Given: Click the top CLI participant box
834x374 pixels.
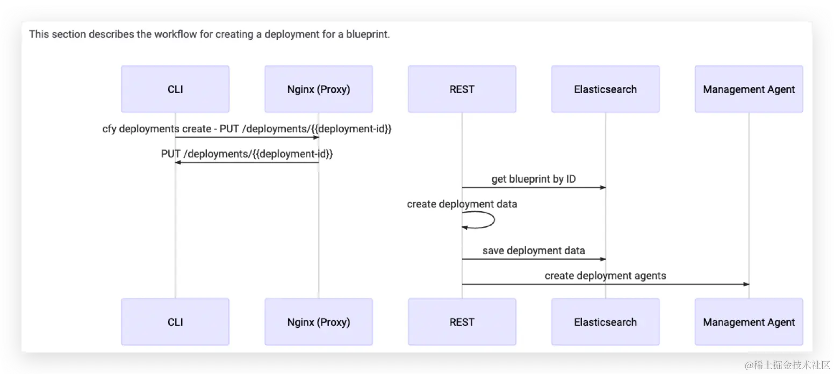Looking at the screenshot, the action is click(x=175, y=89).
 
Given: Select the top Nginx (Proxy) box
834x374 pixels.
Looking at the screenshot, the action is click(x=318, y=89).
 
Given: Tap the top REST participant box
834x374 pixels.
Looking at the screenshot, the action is click(x=462, y=89).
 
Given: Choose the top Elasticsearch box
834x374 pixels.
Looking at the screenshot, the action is click(x=605, y=89).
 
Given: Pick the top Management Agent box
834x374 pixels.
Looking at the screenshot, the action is click(x=749, y=89).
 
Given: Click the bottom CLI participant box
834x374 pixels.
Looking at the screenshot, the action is click(x=175, y=322).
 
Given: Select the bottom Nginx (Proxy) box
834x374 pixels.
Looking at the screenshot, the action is click(x=318, y=322).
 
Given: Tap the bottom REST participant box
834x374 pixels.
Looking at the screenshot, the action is click(x=462, y=322).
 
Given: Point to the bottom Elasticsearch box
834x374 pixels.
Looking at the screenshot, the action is click(x=605, y=322).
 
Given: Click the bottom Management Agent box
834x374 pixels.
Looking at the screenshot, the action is click(x=749, y=322).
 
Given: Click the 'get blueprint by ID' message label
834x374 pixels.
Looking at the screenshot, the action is click(x=534, y=179).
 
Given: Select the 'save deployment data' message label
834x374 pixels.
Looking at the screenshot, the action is click(x=534, y=250).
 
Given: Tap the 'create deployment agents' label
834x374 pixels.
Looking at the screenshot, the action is click(x=606, y=276).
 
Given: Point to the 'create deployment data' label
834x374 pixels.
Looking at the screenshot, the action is click(x=462, y=204).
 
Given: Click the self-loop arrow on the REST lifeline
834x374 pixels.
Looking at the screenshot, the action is click(x=494, y=220).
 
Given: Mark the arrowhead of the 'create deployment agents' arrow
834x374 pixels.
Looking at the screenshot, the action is click(x=746, y=284).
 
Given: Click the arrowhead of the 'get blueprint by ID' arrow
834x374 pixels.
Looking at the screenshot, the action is click(x=603, y=188).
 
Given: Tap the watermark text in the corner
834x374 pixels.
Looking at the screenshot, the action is click(x=787, y=365).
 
